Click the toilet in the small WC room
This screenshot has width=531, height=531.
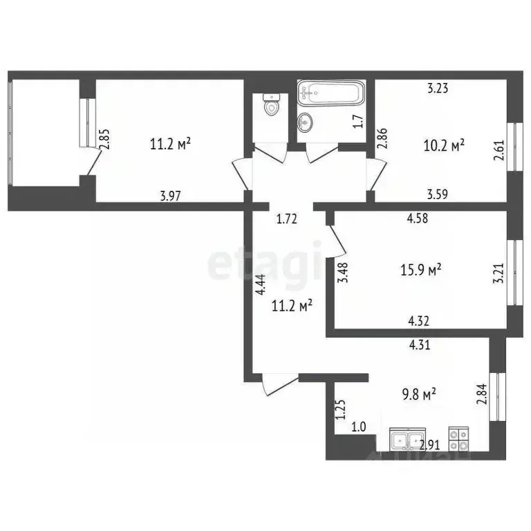click(x=272, y=106)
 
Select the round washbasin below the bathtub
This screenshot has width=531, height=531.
click(x=304, y=122)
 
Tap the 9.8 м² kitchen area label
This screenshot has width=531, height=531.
click(x=419, y=395)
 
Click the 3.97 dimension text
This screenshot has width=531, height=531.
click(x=170, y=196)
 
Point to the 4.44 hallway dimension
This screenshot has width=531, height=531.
click(x=259, y=286)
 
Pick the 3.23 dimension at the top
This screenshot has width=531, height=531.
click(x=438, y=88)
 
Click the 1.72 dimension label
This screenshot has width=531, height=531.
click(x=286, y=220)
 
